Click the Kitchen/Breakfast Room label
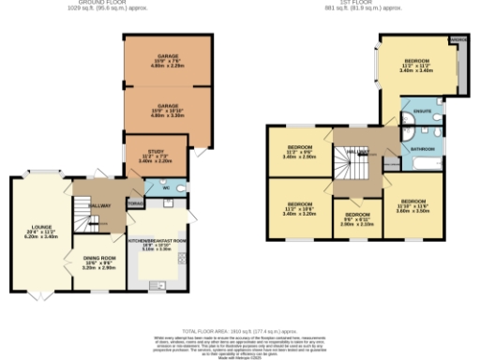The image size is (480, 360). (157, 245)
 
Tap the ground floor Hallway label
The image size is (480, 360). (100, 205)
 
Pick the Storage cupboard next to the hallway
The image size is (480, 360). (136, 201)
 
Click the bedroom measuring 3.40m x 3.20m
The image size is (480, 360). (299, 207)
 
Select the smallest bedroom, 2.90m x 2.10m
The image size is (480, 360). (357, 220)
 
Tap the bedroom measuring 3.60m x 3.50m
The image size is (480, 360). (413, 206)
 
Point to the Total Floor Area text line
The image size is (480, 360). (239, 331)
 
